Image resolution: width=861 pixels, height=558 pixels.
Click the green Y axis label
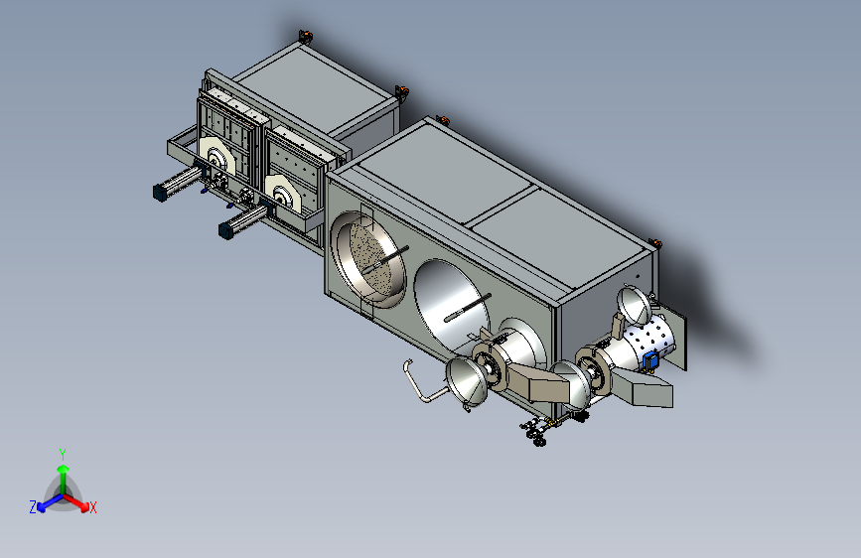click(63, 454)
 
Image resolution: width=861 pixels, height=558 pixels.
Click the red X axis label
click(92, 507)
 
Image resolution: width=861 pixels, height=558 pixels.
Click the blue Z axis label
click(33, 507)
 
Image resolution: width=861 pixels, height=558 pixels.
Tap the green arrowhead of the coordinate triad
click(64, 470)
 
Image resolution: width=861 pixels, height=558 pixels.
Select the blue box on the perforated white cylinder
click(650, 360)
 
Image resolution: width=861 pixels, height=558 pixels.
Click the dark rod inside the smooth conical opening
click(467, 308)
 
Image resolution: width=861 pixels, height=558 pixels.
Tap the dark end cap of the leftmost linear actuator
click(160, 193)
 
